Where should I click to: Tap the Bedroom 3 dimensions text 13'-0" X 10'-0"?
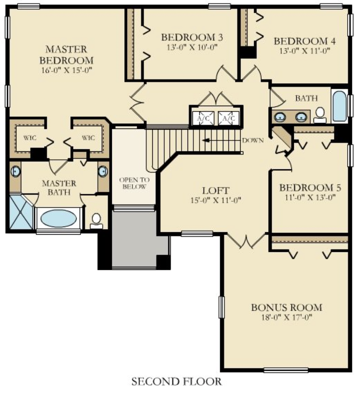(192, 46)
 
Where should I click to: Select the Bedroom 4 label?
(304, 41)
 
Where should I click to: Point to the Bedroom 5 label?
(307, 187)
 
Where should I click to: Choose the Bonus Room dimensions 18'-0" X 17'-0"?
(286, 317)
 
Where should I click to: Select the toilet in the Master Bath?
(96, 221)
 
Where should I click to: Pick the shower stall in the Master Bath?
(21, 212)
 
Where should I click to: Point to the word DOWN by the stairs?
(253, 141)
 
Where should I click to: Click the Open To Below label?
(134, 183)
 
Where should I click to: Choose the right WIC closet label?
(88, 138)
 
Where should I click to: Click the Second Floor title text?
(176, 382)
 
